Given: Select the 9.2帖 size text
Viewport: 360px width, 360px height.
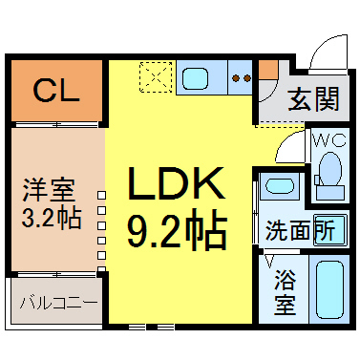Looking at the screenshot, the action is [178, 228].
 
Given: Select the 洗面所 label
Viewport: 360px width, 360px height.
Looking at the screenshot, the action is [300, 230].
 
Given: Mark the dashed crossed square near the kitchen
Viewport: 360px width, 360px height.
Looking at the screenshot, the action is [154, 77].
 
